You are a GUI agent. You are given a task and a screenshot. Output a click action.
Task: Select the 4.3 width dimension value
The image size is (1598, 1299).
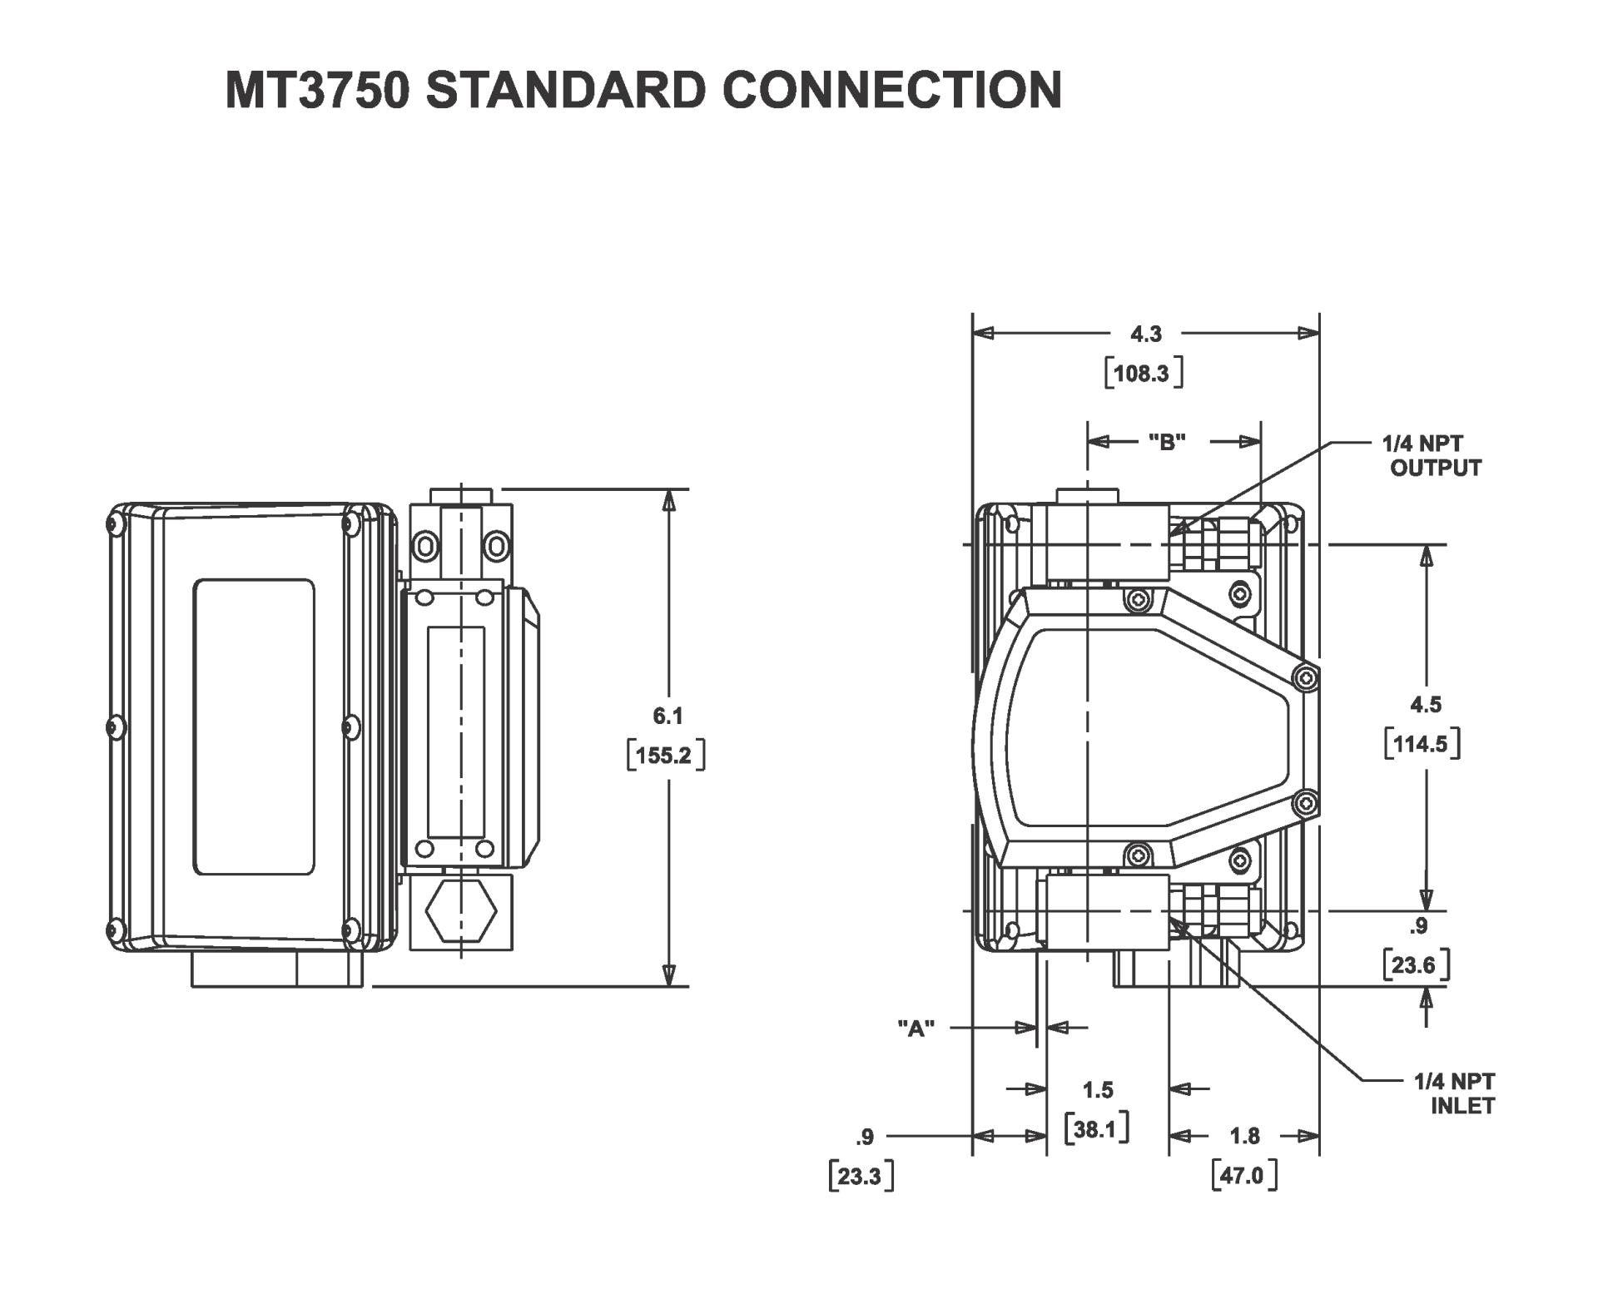click(1145, 334)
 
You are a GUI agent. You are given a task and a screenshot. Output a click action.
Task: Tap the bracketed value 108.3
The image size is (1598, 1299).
click(1144, 374)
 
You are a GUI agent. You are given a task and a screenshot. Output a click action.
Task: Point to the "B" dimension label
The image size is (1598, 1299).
click(1166, 442)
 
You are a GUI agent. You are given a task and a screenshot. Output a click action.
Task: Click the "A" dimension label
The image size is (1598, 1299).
click(916, 1029)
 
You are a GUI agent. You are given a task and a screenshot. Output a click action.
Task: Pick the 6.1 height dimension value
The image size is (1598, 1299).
click(667, 716)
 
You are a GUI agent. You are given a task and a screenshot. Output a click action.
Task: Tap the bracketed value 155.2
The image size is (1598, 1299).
click(664, 756)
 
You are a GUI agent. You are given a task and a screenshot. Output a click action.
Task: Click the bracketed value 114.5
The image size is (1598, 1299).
click(1422, 744)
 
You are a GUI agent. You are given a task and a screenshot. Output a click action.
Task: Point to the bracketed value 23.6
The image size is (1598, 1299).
click(1415, 964)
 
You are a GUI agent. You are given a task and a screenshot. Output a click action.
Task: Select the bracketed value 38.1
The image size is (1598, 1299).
click(1096, 1129)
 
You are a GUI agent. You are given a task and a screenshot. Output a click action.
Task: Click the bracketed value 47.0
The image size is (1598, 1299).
click(1243, 1176)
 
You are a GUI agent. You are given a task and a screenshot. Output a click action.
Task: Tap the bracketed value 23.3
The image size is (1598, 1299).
click(861, 1177)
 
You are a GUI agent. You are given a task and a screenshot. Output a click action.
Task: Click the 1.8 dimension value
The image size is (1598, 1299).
click(1244, 1136)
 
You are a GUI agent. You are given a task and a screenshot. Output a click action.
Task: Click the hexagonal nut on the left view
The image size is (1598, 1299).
click(461, 912)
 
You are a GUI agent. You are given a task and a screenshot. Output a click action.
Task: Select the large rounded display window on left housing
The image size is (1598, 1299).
click(254, 726)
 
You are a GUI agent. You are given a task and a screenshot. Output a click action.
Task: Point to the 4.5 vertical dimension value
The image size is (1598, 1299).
click(1425, 705)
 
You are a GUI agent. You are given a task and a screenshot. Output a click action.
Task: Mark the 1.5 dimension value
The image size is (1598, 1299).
click(1097, 1089)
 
